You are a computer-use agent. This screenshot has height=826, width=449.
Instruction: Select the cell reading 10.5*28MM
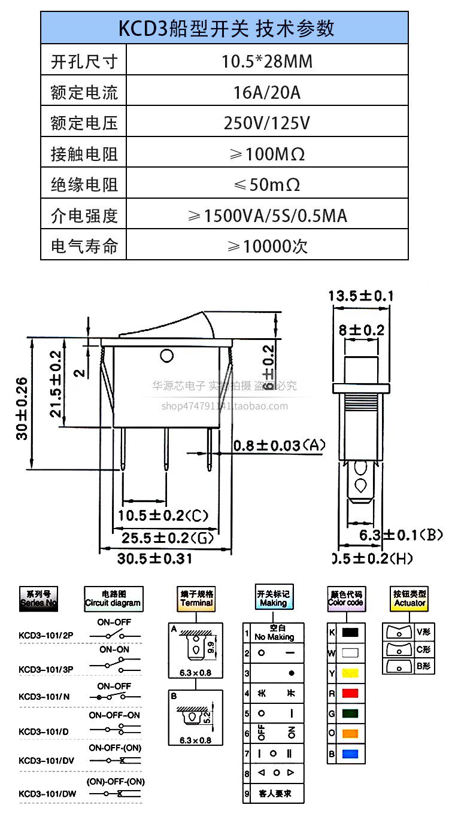[267, 61]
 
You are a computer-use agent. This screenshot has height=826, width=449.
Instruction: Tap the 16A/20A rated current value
[267, 92]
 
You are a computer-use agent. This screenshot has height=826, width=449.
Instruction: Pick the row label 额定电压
[84, 123]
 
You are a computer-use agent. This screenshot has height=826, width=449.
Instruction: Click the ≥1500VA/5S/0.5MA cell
[267, 215]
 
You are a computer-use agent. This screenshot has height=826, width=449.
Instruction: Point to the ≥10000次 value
[267, 246]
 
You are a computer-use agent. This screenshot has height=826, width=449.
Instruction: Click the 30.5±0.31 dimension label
[154, 558]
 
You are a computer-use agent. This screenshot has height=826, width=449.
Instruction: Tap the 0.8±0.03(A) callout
[279, 446]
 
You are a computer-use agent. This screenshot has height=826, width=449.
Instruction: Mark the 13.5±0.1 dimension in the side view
[360, 296]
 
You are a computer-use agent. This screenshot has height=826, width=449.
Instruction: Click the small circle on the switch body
[166, 357]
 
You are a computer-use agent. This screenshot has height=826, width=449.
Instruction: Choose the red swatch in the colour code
[350, 693]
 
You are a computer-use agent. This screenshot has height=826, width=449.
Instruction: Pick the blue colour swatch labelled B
[350, 754]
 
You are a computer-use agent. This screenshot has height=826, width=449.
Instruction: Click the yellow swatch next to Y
[350, 673]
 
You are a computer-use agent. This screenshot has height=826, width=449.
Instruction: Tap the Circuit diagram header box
[113, 599]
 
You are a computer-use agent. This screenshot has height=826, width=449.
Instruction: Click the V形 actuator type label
[425, 632]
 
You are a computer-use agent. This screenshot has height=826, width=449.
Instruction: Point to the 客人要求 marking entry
[275, 794]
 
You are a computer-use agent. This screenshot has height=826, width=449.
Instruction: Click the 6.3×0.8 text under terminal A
[196, 673]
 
